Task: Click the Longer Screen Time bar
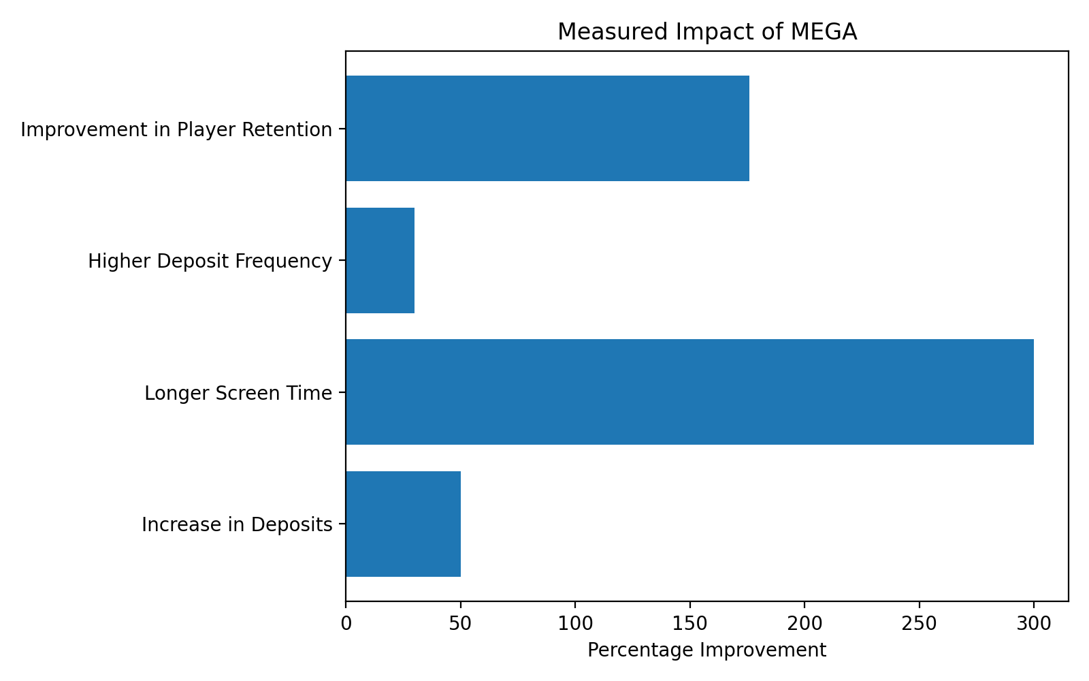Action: [689, 392]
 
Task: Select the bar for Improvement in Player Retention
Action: [547, 129]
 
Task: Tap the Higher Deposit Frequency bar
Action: [380, 261]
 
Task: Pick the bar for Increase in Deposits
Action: [403, 524]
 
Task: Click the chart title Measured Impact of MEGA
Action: [706, 32]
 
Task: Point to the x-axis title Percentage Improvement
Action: [706, 650]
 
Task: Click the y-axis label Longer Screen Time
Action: [238, 394]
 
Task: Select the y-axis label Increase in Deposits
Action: [237, 525]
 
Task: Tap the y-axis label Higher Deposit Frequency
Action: [210, 262]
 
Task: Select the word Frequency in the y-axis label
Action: [289, 262]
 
